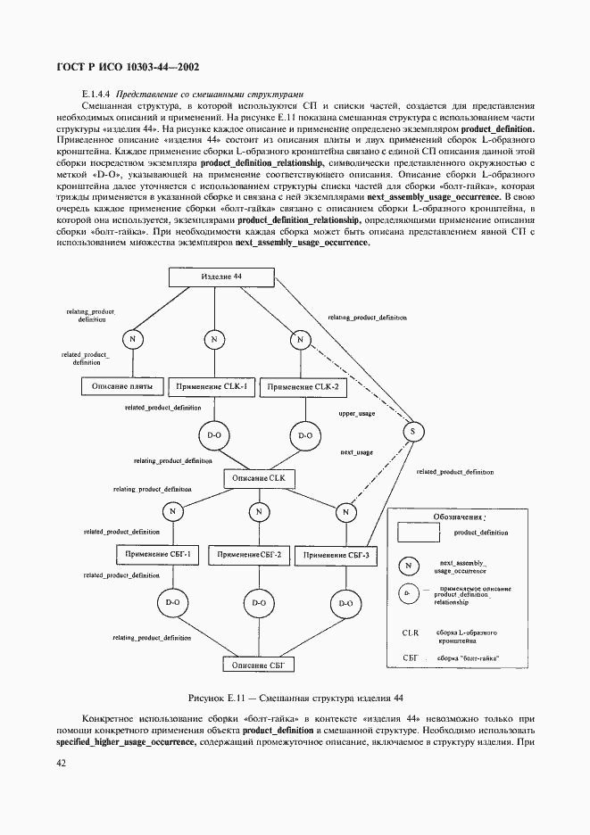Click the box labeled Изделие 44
(x=220, y=277)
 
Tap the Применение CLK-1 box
(x=213, y=386)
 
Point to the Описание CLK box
(x=258, y=479)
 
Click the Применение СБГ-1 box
(x=160, y=555)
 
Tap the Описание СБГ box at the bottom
(x=258, y=665)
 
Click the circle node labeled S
(x=411, y=432)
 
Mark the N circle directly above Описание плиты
(x=132, y=340)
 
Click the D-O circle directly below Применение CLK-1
(x=214, y=435)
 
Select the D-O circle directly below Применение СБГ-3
(x=344, y=602)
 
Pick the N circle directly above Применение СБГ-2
(x=258, y=512)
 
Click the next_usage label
(x=357, y=452)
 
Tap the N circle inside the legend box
(x=409, y=566)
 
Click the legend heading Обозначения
(x=460, y=517)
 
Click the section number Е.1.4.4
(x=96, y=94)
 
